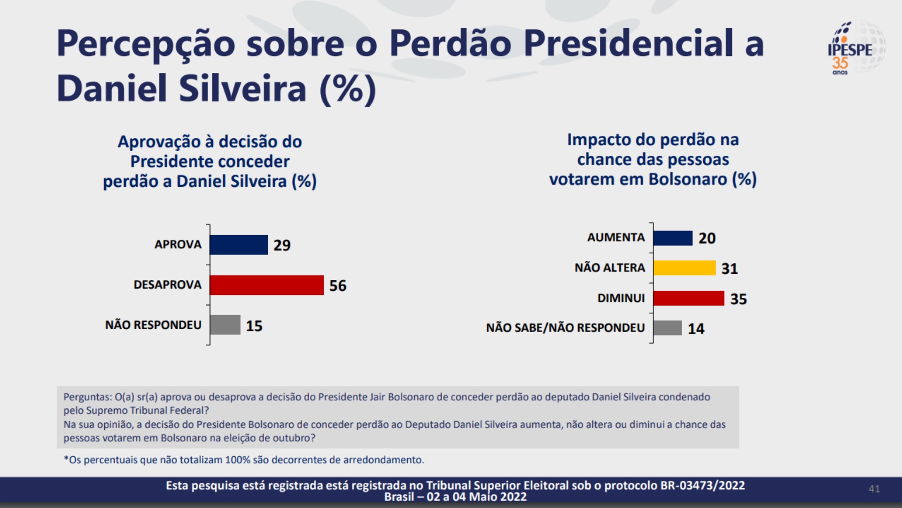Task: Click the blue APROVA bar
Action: (239, 245)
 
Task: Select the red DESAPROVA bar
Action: (266, 285)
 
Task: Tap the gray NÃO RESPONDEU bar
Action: (225, 325)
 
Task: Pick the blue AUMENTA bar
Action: (673, 238)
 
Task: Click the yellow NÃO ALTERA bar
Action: (684, 268)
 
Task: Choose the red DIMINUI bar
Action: (689, 298)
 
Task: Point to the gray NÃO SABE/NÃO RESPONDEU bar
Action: (668, 328)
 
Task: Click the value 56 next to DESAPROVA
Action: (338, 286)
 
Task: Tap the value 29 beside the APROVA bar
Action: (282, 245)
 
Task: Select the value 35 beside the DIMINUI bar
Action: (739, 299)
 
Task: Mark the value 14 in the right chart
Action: (696, 328)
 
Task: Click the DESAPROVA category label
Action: (167, 285)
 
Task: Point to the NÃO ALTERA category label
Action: (610, 268)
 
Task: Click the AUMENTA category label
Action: (616, 238)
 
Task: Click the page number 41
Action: (874, 489)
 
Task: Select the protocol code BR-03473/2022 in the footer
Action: (703, 485)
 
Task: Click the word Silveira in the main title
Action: (242, 88)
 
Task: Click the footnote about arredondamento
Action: (244, 460)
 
